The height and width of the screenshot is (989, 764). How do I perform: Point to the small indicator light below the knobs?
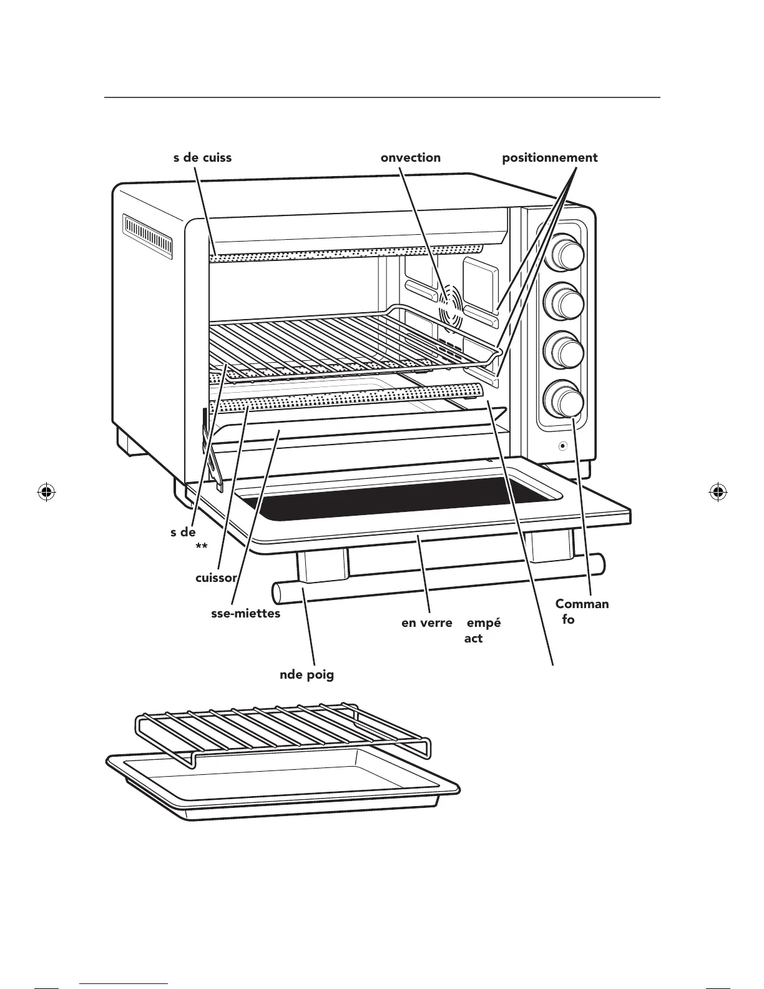563,446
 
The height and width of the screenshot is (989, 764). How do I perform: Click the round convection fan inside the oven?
452,305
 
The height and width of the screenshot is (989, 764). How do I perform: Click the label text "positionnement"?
550,158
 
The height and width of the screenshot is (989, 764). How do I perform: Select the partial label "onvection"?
410,158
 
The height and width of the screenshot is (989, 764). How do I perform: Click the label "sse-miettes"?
246,614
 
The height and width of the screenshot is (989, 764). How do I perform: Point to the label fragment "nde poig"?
306,675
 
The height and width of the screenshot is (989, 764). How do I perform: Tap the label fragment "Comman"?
582,604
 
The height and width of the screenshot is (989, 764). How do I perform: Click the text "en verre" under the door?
426,623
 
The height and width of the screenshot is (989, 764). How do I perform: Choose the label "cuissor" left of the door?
216,578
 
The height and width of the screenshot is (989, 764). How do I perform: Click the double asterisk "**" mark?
201,547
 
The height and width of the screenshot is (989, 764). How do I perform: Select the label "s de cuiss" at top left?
202,158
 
